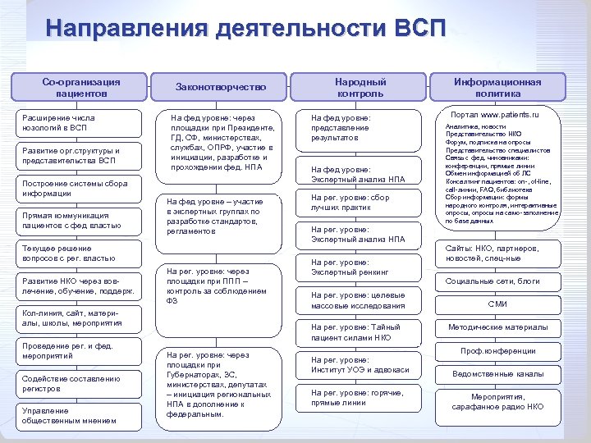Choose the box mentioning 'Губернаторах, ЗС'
tap(221, 384)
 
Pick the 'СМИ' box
tap(497, 304)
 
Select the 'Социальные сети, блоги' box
tap(497, 281)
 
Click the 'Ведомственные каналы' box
tap(497, 374)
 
